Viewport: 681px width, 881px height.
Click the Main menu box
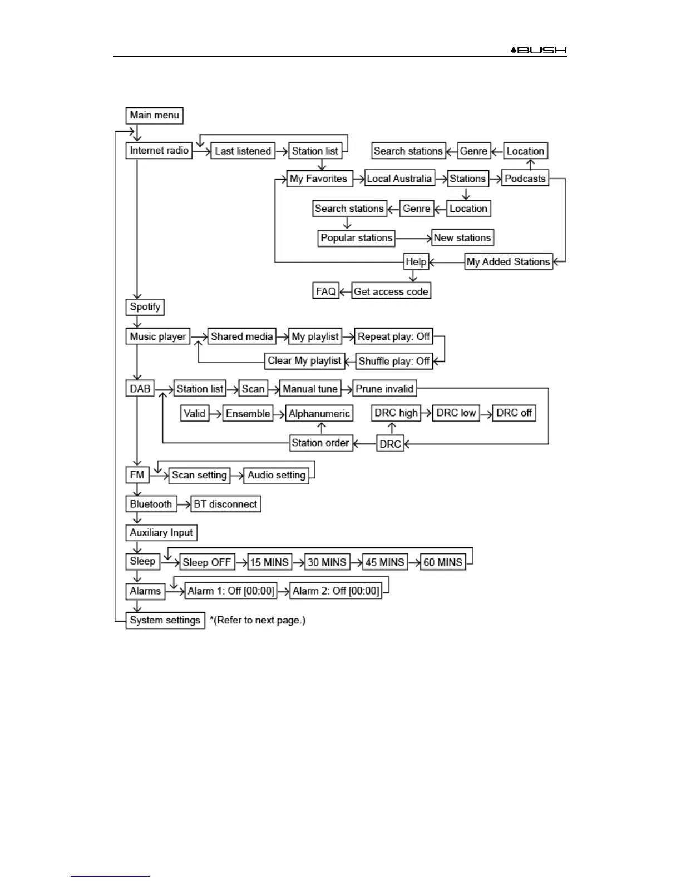point(154,115)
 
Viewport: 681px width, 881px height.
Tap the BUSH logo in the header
point(539,50)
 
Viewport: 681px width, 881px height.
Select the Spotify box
point(145,306)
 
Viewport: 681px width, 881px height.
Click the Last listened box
point(243,151)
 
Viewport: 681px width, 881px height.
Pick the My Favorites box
point(319,179)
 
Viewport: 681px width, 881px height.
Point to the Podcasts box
point(525,179)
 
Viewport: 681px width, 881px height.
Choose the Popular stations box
point(356,237)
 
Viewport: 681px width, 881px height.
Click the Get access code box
point(391,291)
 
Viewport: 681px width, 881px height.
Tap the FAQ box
point(325,291)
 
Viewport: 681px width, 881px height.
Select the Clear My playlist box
point(304,360)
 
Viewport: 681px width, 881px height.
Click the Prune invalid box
point(384,389)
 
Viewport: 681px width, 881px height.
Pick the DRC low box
point(456,413)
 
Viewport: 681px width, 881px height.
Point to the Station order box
point(320,443)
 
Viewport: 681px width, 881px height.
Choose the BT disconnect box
point(225,504)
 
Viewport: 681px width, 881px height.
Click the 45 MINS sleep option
point(384,562)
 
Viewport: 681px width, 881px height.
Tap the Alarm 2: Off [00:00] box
point(336,591)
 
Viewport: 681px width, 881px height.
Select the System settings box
point(165,620)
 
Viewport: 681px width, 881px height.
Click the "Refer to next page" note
point(258,620)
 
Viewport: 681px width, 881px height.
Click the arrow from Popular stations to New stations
point(413,238)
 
